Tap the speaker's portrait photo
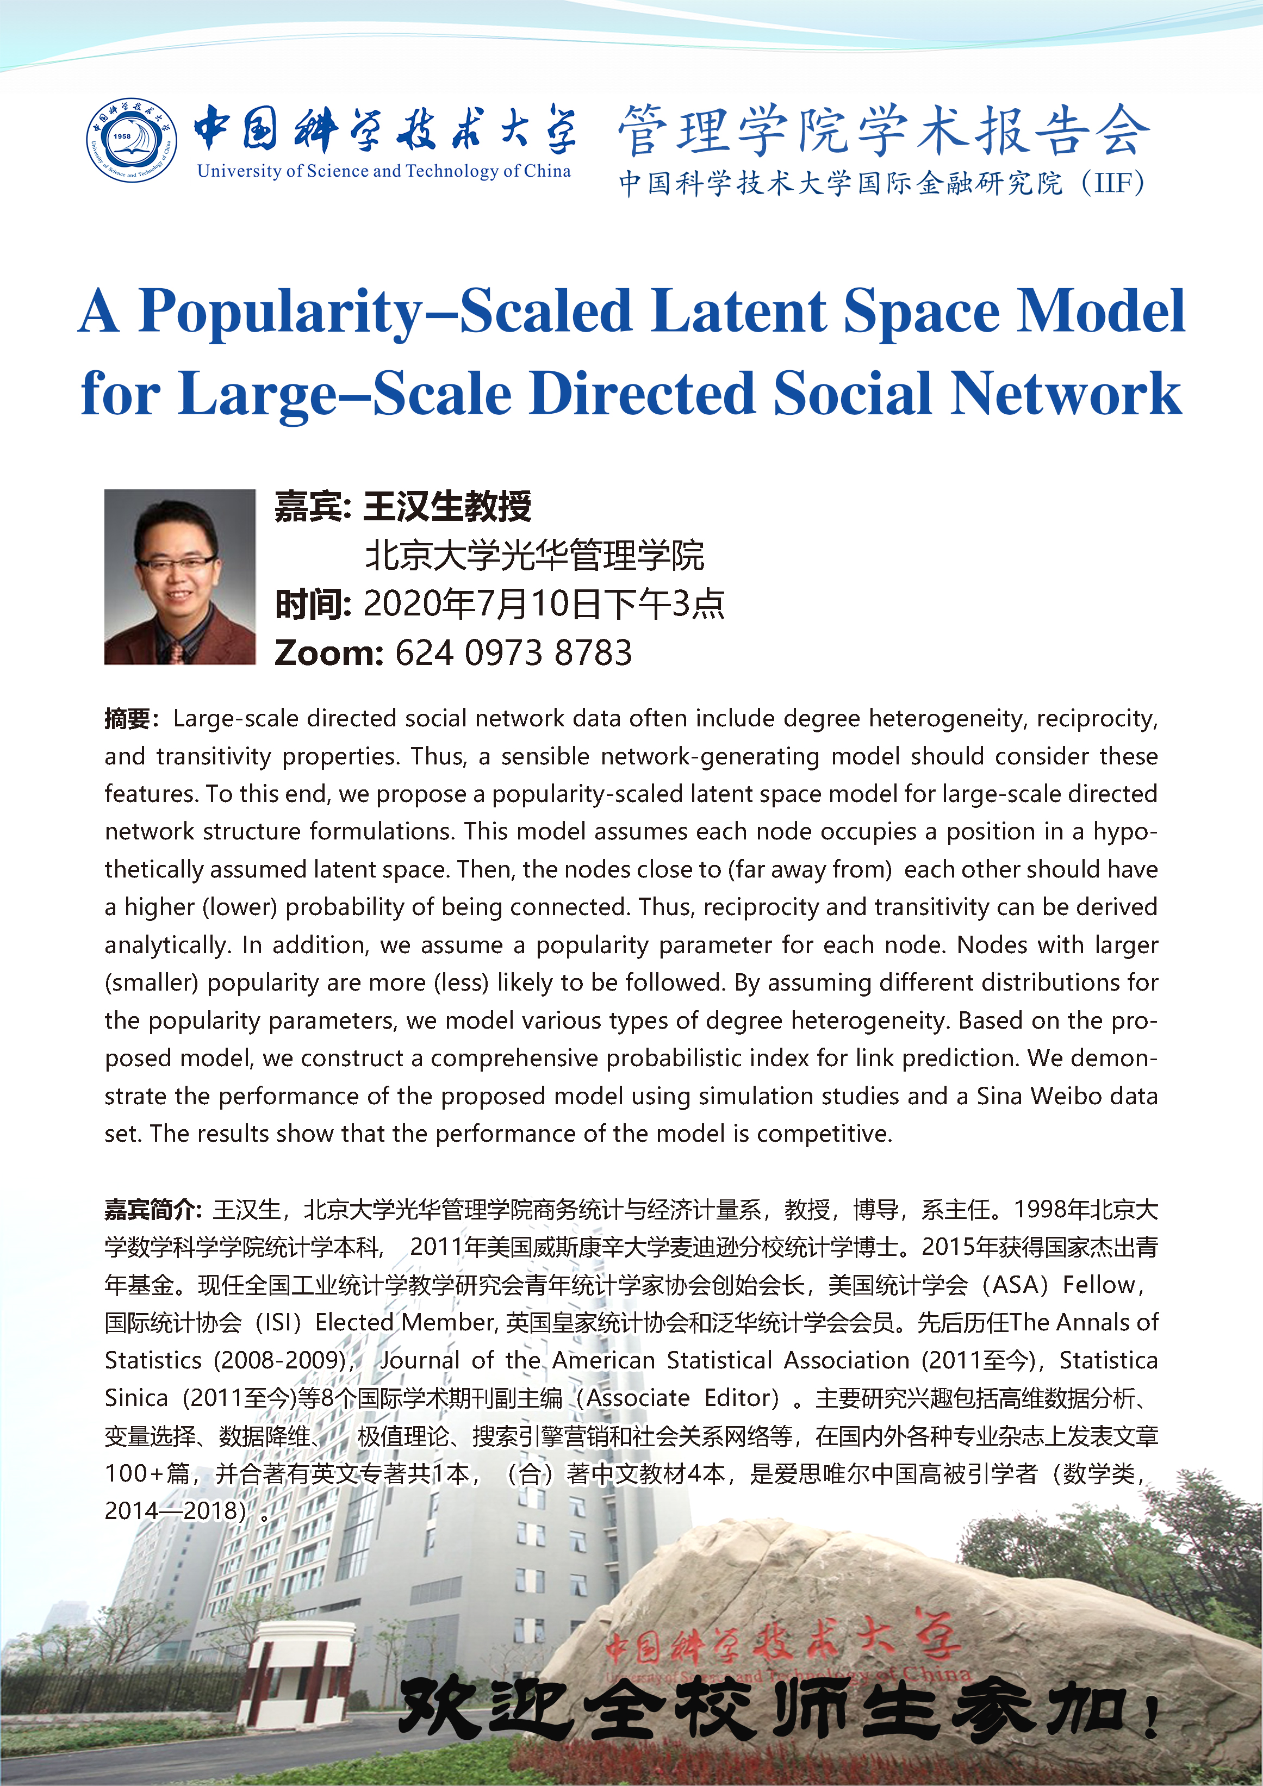tap(179, 576)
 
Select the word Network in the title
tap(1066, 394)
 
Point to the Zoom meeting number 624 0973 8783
tap(513, 652)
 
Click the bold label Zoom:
tap(328, 652)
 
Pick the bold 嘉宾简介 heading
tap(152, 1210)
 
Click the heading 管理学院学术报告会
tap(884, 130)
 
